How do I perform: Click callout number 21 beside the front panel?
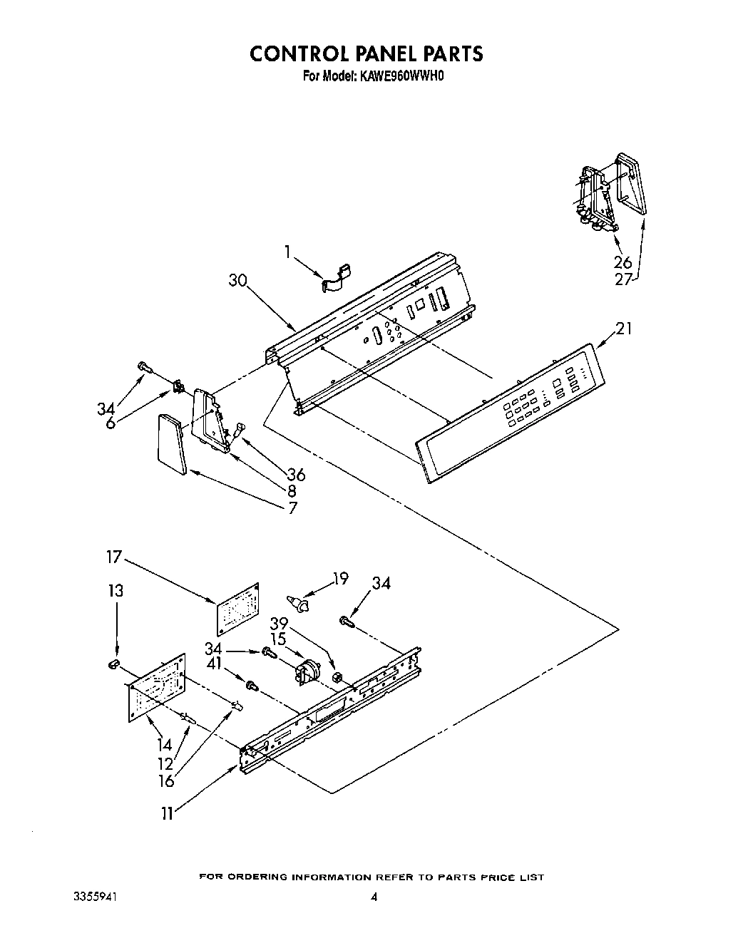pos(623,329)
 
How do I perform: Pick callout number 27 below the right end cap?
pos(623,279)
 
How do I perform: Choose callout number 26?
pos(622,262)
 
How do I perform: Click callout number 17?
pos(115,556)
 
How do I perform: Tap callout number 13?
pos(116,590)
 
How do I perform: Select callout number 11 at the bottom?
pos(167,813)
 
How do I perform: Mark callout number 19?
pos(341,578)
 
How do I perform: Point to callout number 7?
pos(292,508)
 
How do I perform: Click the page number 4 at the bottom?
pos(373,917)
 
